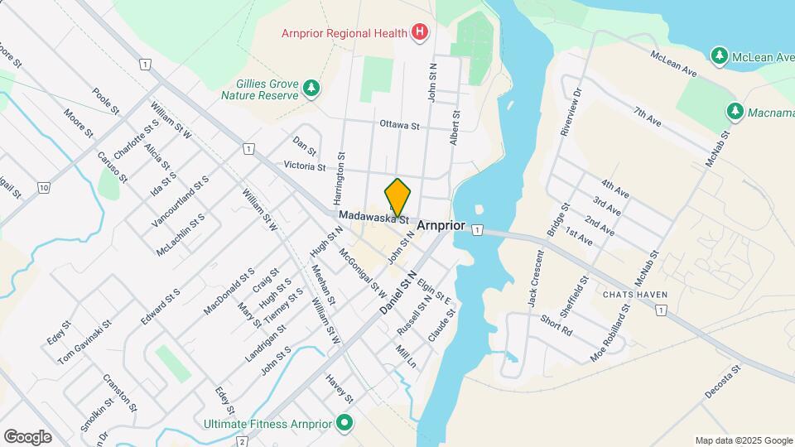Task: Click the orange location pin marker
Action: [397, 197]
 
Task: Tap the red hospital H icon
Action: [421, 33]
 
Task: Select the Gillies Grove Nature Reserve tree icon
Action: [311, 88]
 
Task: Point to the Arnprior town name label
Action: [441, 226]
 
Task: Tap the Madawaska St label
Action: [373, 217]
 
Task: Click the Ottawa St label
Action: [400, 126]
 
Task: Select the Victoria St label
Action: [304, 166]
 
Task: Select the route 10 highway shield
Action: [43, 189]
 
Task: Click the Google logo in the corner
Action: [27, 436]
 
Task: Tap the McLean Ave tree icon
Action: [720, 55]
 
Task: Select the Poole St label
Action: [107, 103]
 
